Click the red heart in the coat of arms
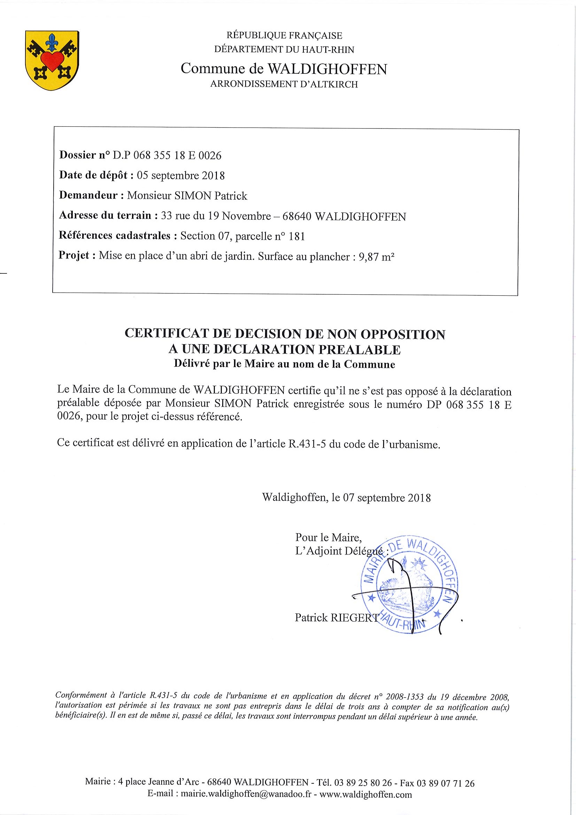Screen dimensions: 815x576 point(52,60)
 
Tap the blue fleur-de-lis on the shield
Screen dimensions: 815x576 point(53,41)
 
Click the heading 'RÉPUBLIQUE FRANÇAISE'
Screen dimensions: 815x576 point(284,36)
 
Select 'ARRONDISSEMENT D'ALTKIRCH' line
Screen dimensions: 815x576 point(284,85)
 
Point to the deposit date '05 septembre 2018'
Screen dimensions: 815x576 point(181,175)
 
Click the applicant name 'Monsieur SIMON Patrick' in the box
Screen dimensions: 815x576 point(187,196)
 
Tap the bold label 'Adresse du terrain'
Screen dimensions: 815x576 point(105,216)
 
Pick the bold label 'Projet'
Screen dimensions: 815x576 point(74,256)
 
